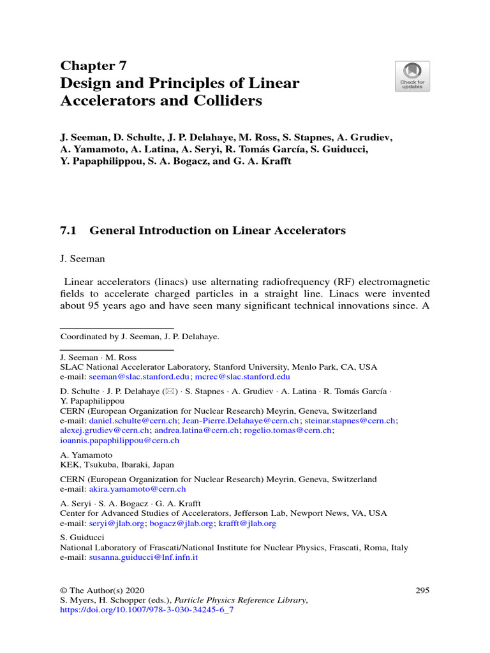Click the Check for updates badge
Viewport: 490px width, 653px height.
(x=412, y=77)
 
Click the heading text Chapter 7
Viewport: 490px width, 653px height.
(x=93, y=66)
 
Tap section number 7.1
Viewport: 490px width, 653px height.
(x=68, y=231)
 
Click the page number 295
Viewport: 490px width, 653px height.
(x=422, y=591)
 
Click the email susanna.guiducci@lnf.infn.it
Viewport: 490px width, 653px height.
(x=144, y=557)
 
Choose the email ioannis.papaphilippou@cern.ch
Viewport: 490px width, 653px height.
(x=120, y=440)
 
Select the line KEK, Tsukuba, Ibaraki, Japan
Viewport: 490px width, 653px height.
(x=117, y=465)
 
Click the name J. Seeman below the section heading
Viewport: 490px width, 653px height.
(x=82, y=260)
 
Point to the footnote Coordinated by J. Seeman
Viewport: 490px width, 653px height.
(x=139, y=337)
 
